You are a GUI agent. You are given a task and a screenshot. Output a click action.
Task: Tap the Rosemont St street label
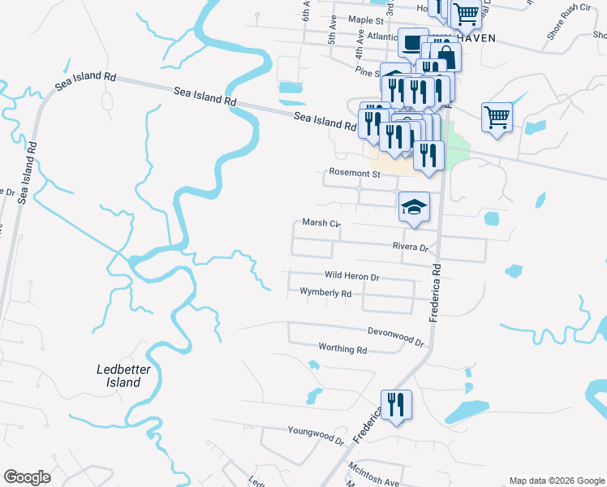(354, 174)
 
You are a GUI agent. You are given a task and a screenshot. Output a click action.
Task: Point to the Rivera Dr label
(410, 247)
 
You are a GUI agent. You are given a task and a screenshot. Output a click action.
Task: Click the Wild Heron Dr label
(352, 277)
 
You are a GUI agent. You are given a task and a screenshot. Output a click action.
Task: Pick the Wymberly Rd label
(325, 292)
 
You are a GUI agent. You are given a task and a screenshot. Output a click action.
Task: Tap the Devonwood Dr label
(396, 337)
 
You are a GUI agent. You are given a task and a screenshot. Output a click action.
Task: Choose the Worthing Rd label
(343, 350)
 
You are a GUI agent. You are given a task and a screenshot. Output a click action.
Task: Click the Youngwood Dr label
(316, 433)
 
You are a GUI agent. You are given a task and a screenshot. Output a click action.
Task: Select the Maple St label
(365, 19)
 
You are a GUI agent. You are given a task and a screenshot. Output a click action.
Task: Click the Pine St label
(367, 72)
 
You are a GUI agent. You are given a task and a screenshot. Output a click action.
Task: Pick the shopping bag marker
(446, 57)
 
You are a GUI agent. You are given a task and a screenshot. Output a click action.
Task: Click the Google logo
(27, 477)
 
